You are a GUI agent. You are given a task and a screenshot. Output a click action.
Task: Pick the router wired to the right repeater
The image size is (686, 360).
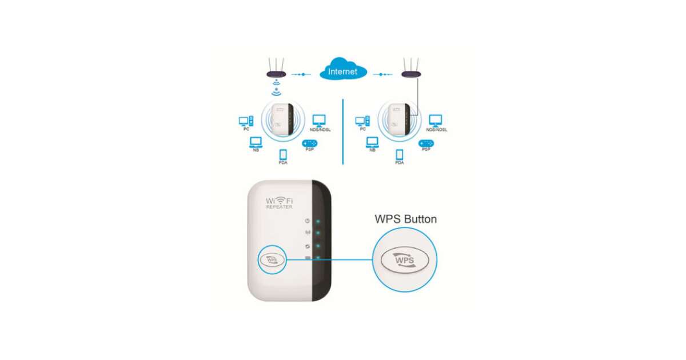click(412, 73)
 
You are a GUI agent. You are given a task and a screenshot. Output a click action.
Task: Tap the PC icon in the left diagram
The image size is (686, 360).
click(246, 121)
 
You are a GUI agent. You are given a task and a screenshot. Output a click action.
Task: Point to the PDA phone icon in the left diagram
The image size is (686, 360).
click(282, 155)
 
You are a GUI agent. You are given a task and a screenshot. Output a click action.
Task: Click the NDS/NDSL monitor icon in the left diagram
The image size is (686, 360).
click(318, 121)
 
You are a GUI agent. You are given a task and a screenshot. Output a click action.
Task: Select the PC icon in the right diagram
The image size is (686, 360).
click(362, 121)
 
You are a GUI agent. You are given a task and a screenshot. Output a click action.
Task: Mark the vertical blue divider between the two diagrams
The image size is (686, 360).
click(342, 131)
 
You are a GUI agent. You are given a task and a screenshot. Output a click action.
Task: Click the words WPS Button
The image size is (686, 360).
click(405, 219)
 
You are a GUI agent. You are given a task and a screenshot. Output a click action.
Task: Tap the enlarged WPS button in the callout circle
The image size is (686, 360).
click(405, 259)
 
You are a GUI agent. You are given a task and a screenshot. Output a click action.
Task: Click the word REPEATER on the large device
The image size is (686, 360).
click(279, 207)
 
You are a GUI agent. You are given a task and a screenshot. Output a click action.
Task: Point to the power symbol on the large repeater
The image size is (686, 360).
click(308, 221)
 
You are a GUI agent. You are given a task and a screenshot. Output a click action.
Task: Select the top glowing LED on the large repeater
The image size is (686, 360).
click(318, 221)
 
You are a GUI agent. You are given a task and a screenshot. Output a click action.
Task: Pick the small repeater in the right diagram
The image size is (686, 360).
click(396, 119)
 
